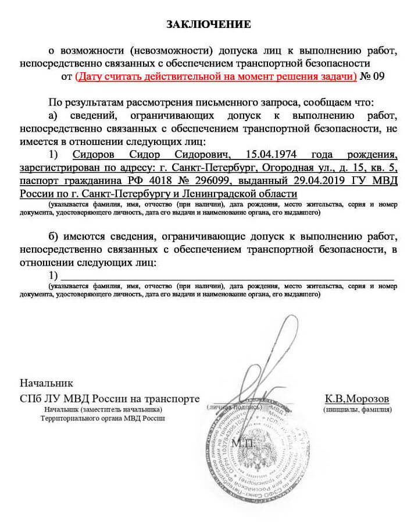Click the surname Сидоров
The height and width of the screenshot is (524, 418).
click(97, 155)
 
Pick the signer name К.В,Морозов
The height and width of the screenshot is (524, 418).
click(357, 399)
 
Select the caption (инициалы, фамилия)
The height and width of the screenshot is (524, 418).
click(357, 409)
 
